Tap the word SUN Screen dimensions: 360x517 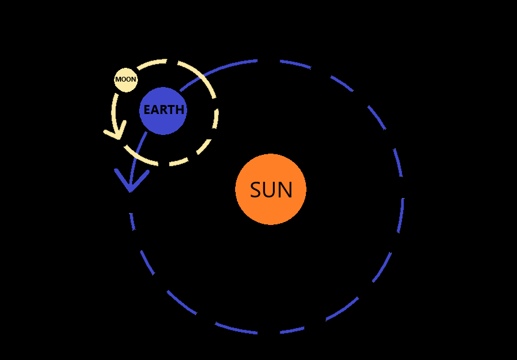point(271,190)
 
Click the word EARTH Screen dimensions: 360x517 point(163,110)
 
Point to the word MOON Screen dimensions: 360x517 point(126,79)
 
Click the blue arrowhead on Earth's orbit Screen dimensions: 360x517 point(130,184)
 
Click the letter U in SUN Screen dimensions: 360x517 point(270,190)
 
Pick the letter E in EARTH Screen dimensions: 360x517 point(147,110)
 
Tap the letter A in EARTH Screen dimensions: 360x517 point(155,110)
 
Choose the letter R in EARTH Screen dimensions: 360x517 point(163,110)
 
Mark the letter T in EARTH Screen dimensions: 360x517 point(171,110)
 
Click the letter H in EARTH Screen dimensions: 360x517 point(179,110)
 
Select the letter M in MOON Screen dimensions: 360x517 point(118,79)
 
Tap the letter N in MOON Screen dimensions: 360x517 point(134,79)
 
